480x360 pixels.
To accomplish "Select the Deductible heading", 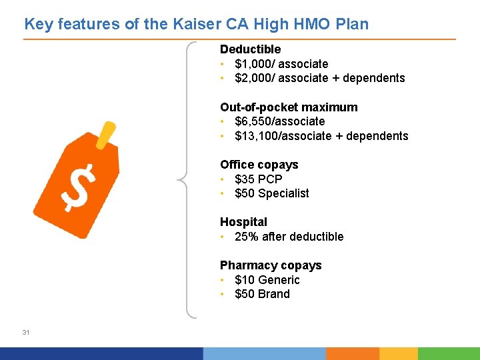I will click(250, 49).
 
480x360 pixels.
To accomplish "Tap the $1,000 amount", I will click(253, 64).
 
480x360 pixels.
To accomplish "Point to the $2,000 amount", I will click(253, 78).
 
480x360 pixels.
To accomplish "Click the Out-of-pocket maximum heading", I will click(289, 107).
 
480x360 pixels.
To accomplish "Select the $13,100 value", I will click(255, 136).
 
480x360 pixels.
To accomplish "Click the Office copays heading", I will click(259, 165).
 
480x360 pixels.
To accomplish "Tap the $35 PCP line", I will click(259, 179).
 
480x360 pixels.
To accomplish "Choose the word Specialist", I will click(283, 193).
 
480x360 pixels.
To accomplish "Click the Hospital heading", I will click(243, 222).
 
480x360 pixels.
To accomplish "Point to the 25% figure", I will click(246, 237).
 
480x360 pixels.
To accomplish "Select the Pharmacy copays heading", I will click(271, 265).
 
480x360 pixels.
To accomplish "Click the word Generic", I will click(279, 280).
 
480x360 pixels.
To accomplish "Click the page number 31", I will click(26, 332).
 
